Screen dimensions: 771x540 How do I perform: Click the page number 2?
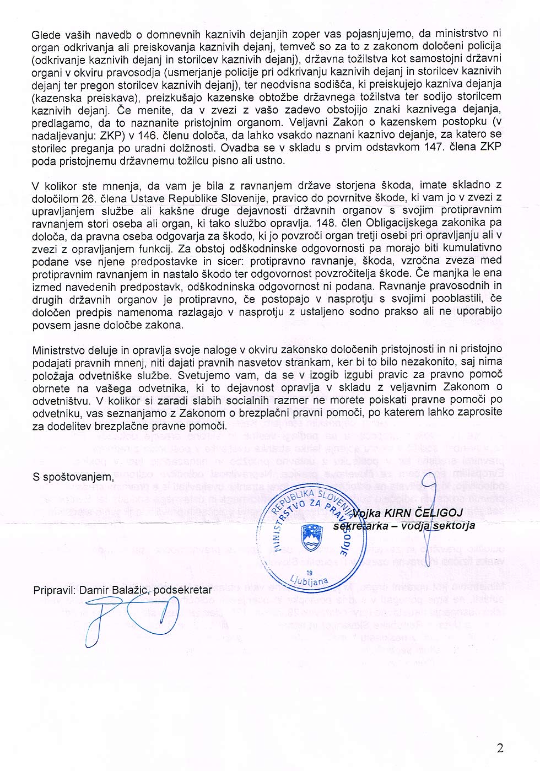(x=500, y=748)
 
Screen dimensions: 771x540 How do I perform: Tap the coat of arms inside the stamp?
(x=311, y=537)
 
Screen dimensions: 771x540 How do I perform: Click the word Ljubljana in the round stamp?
(x=310, y=581)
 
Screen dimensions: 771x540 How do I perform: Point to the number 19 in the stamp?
(x=309, y=573)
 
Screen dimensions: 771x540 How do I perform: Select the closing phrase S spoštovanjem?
(x=73, y=477)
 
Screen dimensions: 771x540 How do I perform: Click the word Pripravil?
(x=53, y=590)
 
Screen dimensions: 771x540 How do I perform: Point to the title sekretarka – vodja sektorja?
(x=404, y=526)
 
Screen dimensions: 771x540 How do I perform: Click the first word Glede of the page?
(x=46, y=35)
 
